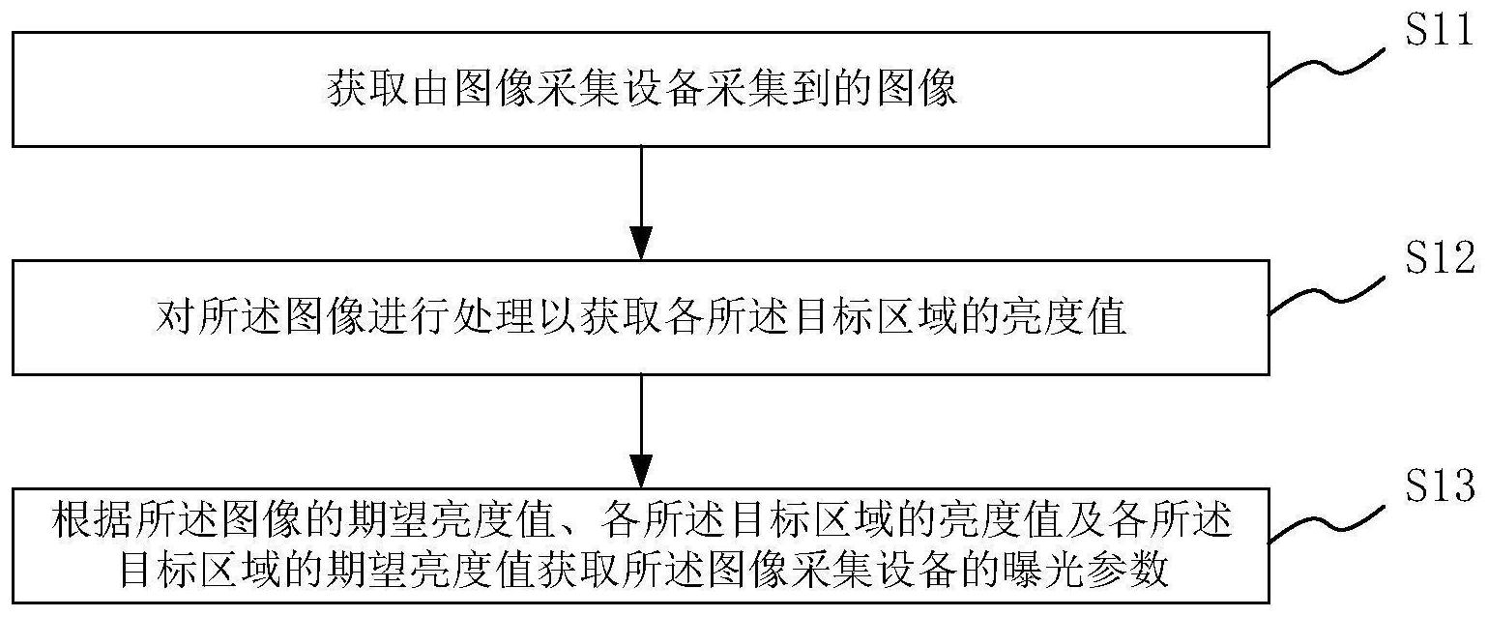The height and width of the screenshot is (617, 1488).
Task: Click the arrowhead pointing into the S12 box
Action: point(641,244)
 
